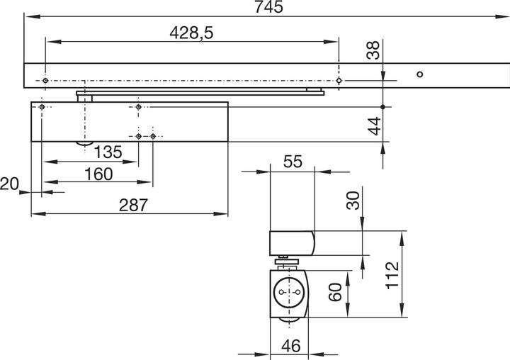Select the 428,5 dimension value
click(x=191, y=33)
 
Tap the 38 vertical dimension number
click(x=374, y=50)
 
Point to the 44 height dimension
click(x=374, y=125)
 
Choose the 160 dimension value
click(x=98, y=174)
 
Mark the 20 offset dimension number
click(x=9, y=184)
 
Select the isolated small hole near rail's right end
click(x=419, y=74)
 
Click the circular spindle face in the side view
click(x=288, y=292)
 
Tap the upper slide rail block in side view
click(x=291, y=242)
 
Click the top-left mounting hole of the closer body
click(x=43, y=107)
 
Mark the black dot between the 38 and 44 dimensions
click(x=382, y=107)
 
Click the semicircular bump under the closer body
click(x=84, y=145)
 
